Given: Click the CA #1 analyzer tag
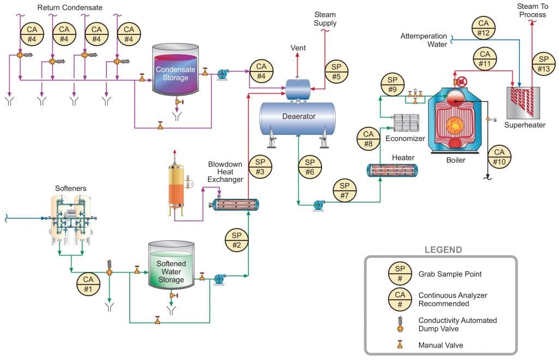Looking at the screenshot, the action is pos(88,284).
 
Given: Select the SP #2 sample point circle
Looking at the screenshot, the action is pos(237,240).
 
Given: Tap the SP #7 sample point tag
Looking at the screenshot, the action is pos(344,191).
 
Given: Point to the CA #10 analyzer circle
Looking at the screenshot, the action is pos(499,157).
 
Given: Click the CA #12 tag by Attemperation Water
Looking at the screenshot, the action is pos(484,28).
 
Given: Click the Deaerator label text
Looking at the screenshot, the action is pos(299,116).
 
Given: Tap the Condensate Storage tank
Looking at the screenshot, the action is pos(175,70).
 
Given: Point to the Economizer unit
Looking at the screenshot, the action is pos(406,123).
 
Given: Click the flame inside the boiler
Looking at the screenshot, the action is pos(455,125).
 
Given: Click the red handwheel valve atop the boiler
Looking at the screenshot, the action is pos(462,82).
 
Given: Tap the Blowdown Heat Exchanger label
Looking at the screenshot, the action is pos(225,172).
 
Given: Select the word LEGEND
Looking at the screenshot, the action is pos(443,250).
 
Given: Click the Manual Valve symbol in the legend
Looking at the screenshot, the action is pos(400,344).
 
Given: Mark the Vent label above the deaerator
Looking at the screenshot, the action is pos(298,48).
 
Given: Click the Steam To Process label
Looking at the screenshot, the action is pos(533,10).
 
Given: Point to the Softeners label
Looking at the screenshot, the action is pos(70,188).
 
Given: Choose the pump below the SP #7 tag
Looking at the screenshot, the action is pos(318,206).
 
